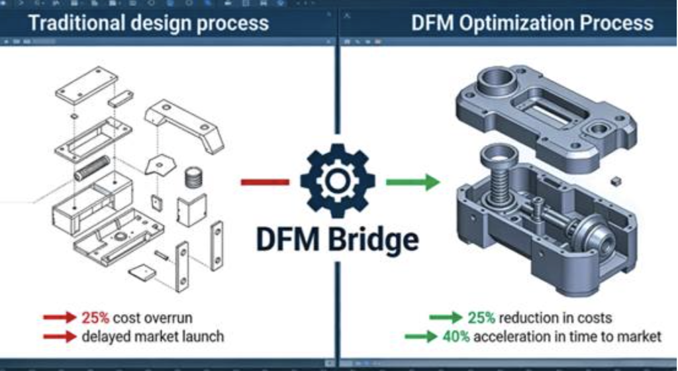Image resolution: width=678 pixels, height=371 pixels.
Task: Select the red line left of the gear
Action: pos(264,182)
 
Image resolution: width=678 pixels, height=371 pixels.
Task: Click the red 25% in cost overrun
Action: pos(95,317)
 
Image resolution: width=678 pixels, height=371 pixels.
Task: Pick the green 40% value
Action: pos(456,337)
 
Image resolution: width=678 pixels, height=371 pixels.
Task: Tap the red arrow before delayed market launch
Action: pos(60,337)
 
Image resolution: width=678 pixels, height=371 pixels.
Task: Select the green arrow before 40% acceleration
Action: pos(422,337)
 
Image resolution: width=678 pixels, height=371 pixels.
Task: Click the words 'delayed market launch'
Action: pos(153,337)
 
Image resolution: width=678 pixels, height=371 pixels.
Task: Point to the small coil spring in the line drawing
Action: pos(193,177)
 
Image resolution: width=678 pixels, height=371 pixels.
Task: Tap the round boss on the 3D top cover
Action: pos(495,84)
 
